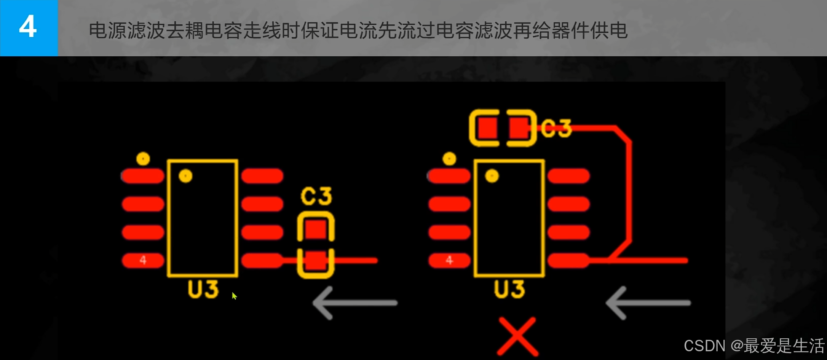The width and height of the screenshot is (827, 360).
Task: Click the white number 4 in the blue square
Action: tap(28, 27)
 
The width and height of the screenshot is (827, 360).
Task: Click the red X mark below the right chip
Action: tap(518, 336)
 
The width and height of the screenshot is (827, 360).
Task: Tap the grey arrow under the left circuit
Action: tap(354, 303)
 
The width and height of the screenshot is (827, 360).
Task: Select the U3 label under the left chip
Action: tap(203, 289)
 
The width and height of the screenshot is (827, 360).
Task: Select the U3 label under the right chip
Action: tap(509, 289)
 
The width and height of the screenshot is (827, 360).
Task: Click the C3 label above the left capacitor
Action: tap(316, 196)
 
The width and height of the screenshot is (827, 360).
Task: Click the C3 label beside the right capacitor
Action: tap(556, 128)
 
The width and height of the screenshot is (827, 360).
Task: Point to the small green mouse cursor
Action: tap(234, 296)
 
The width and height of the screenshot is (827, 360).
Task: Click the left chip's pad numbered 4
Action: tap(143, 260)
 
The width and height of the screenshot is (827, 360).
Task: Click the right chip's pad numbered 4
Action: tap(449, 260)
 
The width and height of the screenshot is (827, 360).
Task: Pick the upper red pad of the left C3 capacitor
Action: tap(316, 229)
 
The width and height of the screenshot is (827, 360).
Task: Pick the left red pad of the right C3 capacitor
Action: tap(487, 128)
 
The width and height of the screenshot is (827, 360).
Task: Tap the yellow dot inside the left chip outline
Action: tap(185, 176)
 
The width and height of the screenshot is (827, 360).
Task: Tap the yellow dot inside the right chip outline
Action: tap(492, 176)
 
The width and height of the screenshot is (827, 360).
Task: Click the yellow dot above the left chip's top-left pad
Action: tap(143, 158)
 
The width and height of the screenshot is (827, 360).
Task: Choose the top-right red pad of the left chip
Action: tap(262, 176)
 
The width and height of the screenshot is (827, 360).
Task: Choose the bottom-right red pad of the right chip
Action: tap(568, 260)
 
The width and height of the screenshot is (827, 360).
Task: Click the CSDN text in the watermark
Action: tap(704, 346)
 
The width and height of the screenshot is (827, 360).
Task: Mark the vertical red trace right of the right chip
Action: tap(629, 190)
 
